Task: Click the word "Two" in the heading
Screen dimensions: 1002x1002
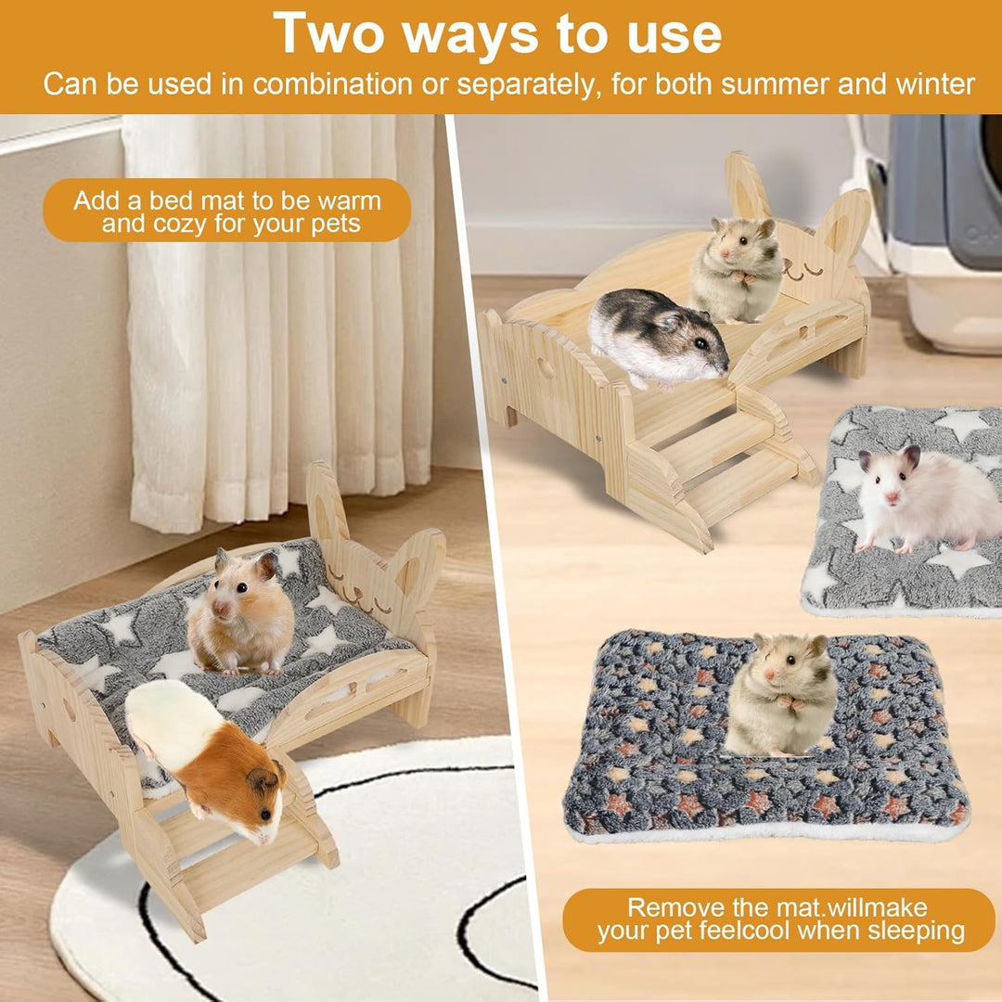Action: coord(328,33)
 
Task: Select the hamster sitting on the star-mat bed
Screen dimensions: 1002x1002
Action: coord(241,612)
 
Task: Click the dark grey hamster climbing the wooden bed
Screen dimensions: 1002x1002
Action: coord(658,338)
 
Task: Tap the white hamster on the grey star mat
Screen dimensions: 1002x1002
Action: coord(927,499)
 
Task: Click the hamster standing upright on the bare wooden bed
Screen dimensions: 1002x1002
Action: coord(737,270)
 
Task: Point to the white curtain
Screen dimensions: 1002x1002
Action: coord(281,319)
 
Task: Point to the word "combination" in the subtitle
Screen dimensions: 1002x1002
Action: coord(332,84)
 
